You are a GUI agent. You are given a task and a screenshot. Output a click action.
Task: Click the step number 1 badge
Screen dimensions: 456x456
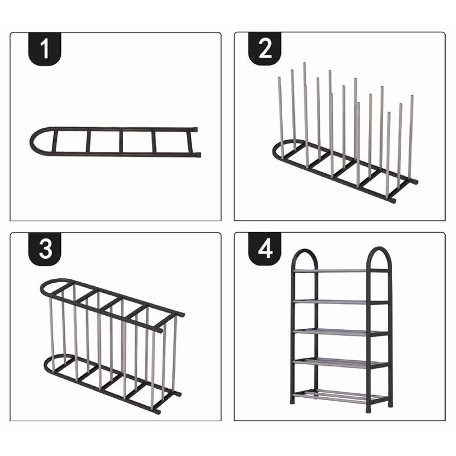[45, 49]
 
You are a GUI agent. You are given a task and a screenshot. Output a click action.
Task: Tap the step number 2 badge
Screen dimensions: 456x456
[264, 49]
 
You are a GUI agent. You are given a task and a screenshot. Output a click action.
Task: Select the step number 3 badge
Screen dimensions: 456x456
[45, 249]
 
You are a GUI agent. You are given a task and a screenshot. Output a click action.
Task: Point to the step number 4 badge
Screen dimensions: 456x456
[264, 249]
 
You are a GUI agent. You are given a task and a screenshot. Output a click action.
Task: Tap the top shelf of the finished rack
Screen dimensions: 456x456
[340, 271]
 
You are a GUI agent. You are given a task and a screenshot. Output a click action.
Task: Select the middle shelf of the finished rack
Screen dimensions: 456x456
[340, 332]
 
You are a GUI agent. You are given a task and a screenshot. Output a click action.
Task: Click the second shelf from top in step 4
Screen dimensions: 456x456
[340, 302]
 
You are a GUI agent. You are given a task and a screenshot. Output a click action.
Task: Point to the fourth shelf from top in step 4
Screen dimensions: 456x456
[340, 362]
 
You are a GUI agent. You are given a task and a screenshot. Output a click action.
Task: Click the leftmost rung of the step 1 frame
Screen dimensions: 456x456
[54, 142]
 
